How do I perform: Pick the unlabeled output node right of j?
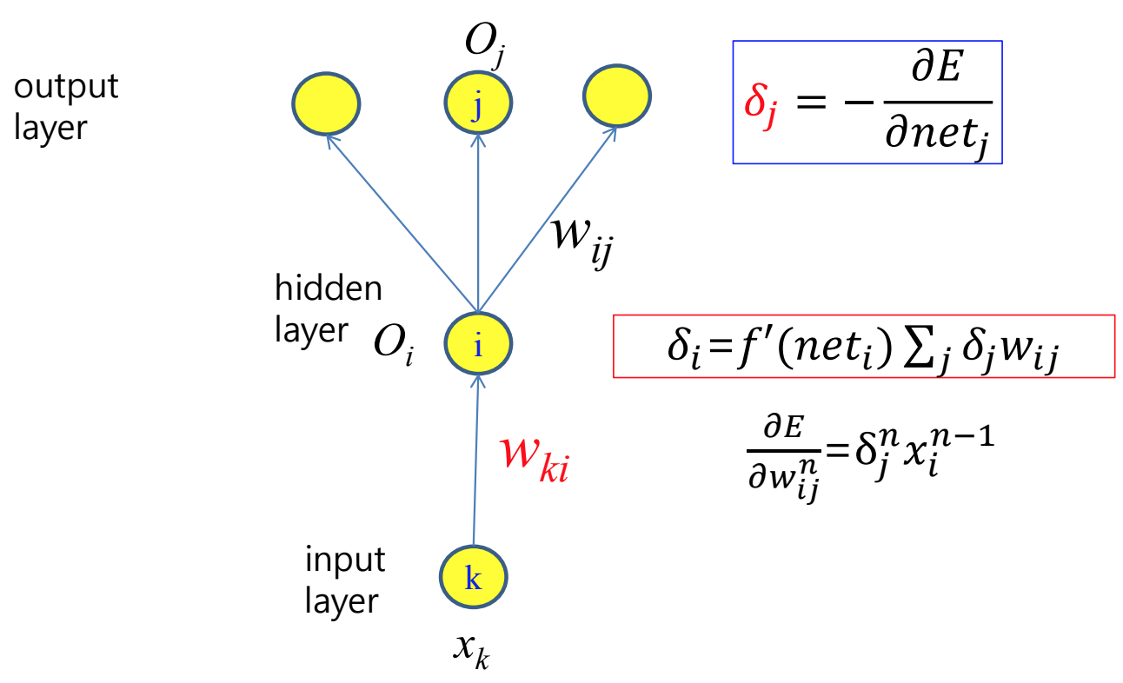[x=617, y=98]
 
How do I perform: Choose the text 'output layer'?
[x=66, y=107]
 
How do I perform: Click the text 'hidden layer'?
[x=327, y=308]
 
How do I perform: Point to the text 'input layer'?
[x=344, y=580]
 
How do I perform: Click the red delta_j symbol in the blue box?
[x=760, y=103]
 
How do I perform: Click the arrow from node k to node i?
[x=475, y=461]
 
